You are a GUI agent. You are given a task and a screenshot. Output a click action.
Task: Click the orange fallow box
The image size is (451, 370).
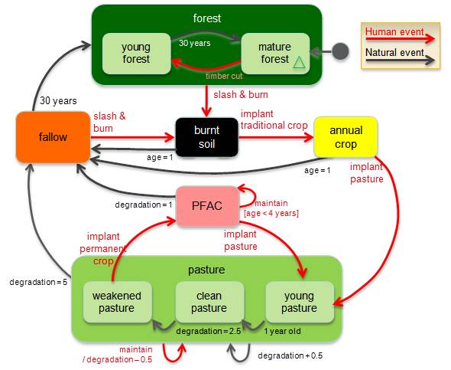coord(53,137)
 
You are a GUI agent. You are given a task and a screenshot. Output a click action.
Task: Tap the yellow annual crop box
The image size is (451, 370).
coord(346,137)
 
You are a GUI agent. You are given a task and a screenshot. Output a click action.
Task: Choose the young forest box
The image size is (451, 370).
coord(135,53)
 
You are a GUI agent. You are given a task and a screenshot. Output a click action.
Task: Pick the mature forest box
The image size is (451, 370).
coord(275,53)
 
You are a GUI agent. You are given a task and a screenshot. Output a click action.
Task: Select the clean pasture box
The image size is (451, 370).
coord(209,302)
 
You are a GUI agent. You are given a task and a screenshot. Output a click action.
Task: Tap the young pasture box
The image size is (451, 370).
coord(299,302)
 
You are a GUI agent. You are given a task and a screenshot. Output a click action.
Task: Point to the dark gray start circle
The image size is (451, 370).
coord(340,52)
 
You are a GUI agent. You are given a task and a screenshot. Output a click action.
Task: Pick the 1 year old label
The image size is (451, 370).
coord(283,331)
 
